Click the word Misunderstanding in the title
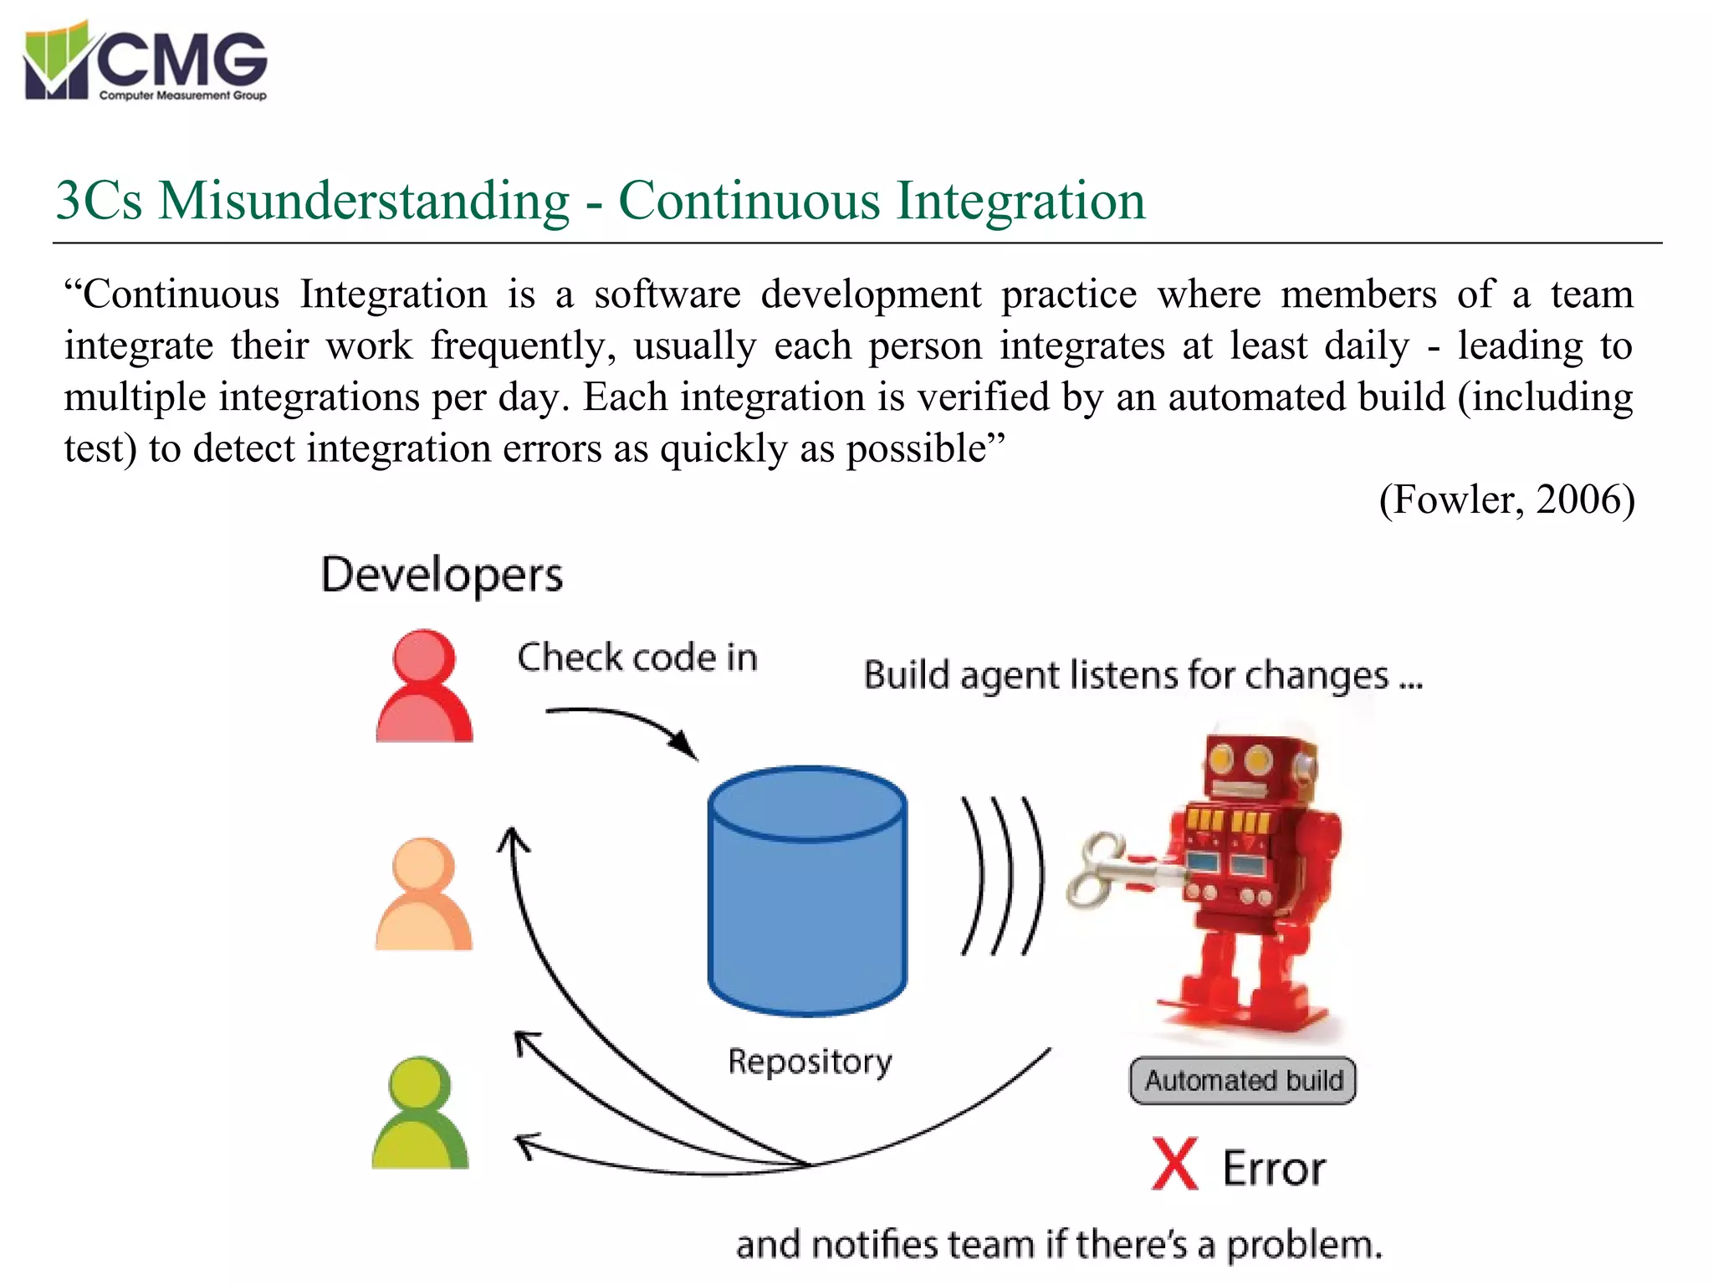(363, 202)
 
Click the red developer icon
(424, 686)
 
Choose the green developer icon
(421, 1113)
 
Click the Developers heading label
(442, 576)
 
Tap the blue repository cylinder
(807, 891)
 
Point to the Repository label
(810, 1062)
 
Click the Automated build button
(1242, 1081)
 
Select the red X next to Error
(1174, 1164)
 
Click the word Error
(1274, 1169)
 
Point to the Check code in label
(637, 658)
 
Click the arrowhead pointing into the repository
(685, 744)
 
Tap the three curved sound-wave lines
(1002, 876)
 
